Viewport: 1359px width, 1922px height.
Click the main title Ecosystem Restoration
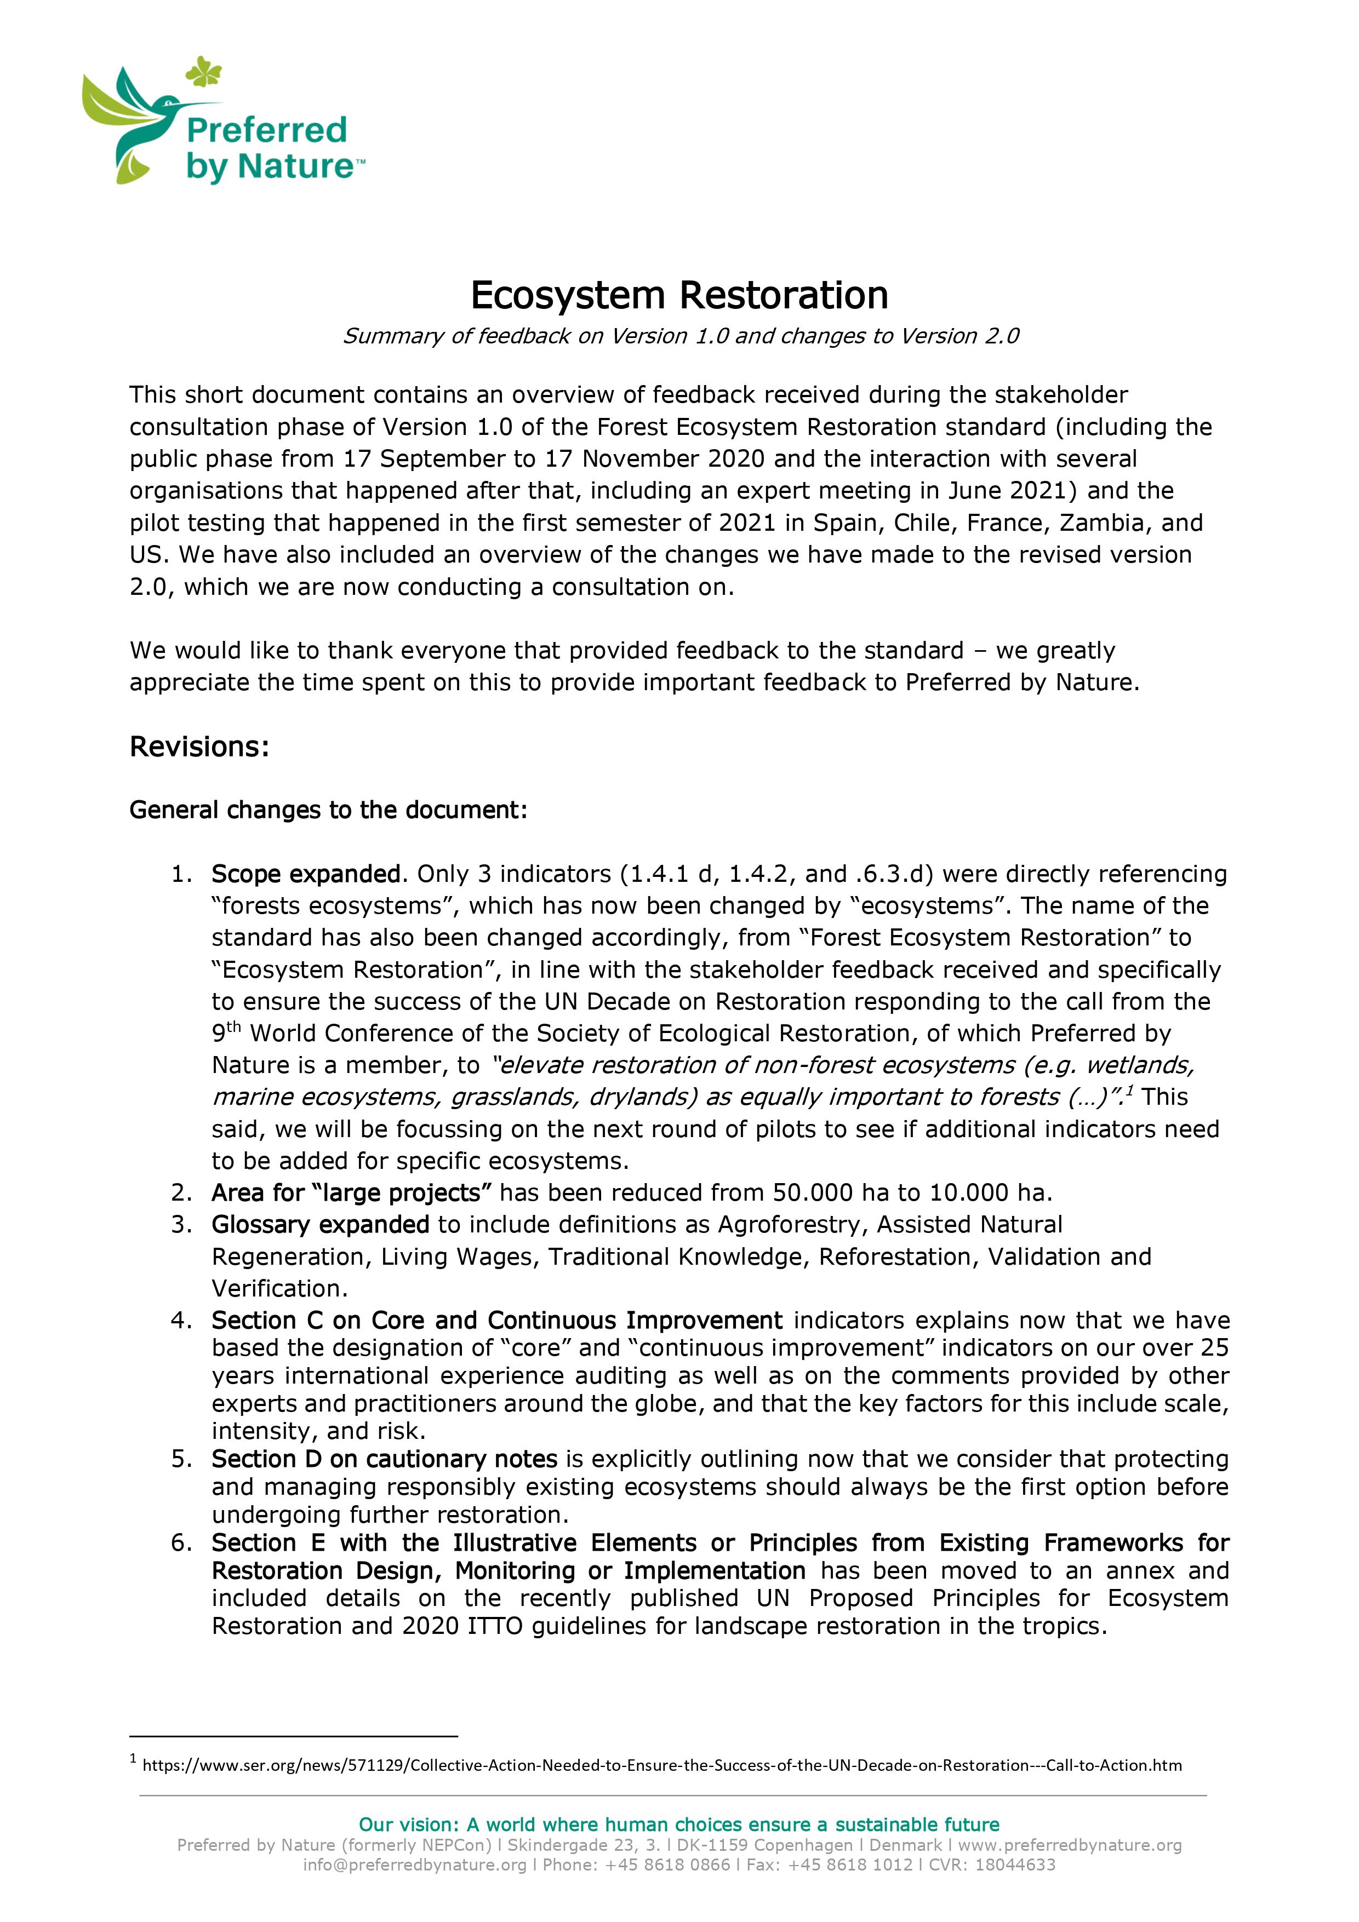coord(679,295)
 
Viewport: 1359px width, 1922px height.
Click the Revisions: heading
coord(198,747)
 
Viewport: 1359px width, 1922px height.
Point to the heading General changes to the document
coord(328,810)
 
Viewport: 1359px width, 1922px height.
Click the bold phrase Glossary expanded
coord(320,1225)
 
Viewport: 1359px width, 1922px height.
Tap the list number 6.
coord(181,1543)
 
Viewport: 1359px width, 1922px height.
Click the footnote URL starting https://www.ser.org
coord(661,1765)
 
